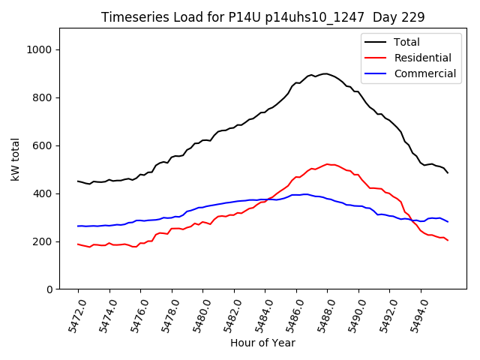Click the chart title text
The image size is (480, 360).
tap(262, 17)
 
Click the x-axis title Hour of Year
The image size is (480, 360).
tap(262, 343)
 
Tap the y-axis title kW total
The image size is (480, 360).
tap(15, 158)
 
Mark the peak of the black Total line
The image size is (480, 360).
tap(325, 73)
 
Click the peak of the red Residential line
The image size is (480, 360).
tap(327, 163)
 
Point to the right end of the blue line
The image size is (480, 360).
tap(448, 222)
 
